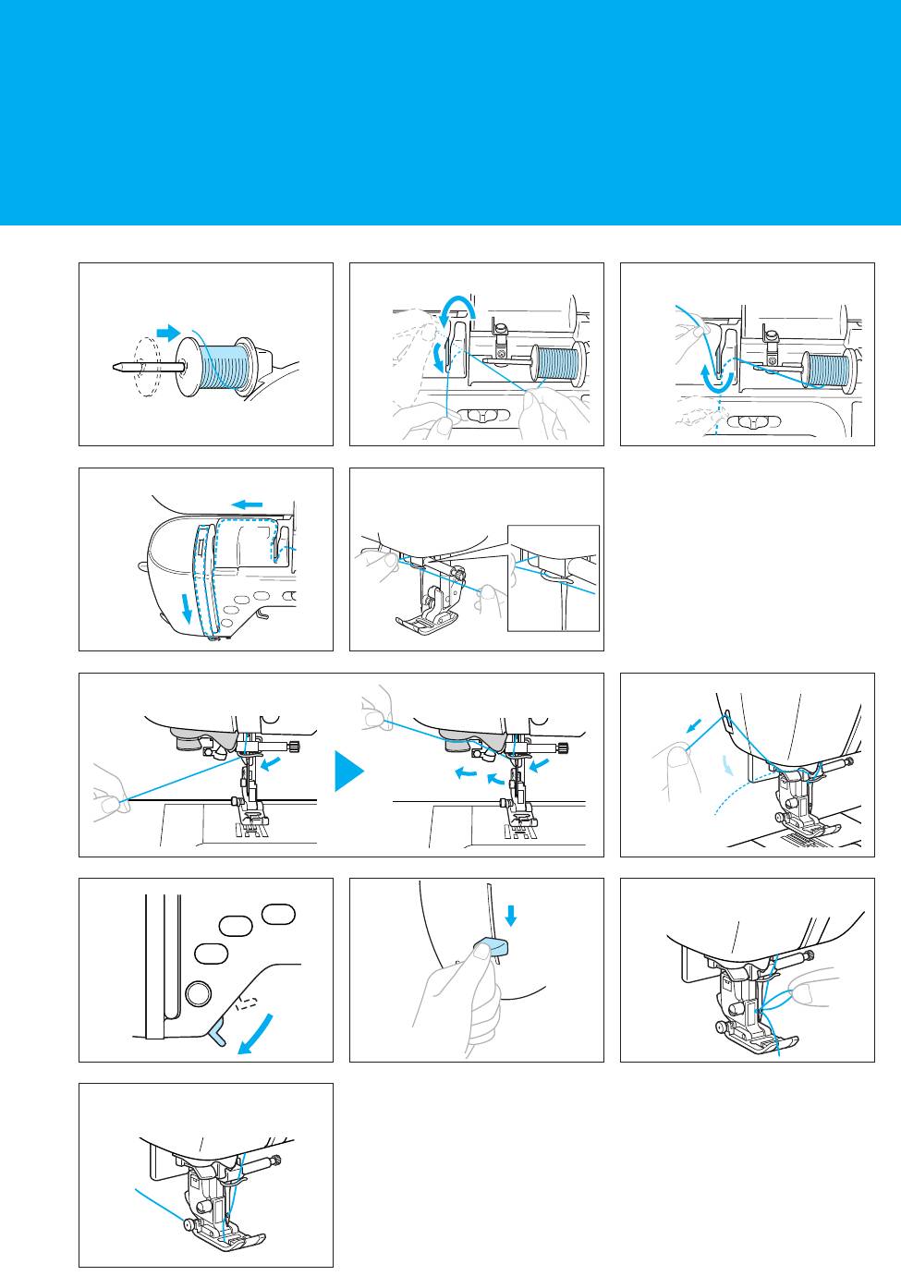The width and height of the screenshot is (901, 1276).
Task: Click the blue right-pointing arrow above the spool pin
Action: (x=168, y=332)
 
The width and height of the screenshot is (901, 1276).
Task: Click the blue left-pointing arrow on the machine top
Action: (x=247, y=504)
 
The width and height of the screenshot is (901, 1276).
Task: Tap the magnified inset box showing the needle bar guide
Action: (x=554, y=577)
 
